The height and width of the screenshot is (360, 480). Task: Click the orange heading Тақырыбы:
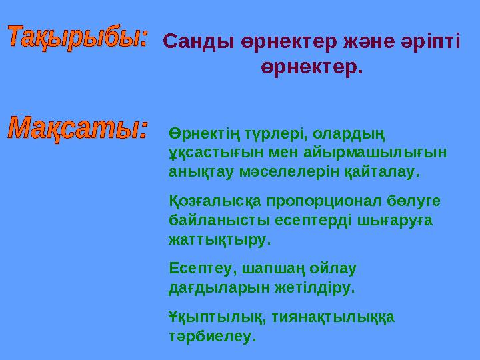coord(79,37)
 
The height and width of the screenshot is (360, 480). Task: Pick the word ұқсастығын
coord(208,153)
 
